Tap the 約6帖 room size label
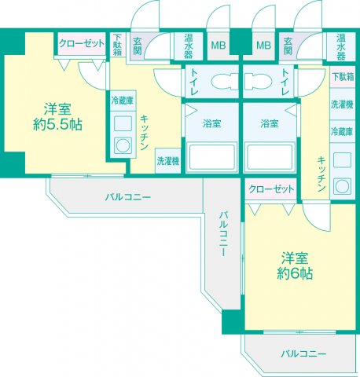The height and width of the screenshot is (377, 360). [x=295, y=265]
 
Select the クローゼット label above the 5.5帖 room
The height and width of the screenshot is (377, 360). [x=81, y=44]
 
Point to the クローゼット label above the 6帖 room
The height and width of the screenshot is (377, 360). [x=272, y=189]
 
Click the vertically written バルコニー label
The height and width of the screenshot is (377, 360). [x=223, y=236]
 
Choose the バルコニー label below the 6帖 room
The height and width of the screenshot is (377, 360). [x=303, y=354]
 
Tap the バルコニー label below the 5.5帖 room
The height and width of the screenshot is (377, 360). [x=127, y=196]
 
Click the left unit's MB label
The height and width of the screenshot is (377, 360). [x=217, y=45]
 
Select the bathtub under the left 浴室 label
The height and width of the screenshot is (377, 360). [x=211, y=157]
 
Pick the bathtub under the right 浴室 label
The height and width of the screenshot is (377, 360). [x=269, y=157]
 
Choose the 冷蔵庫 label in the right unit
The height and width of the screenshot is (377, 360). [x=340, y=131]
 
